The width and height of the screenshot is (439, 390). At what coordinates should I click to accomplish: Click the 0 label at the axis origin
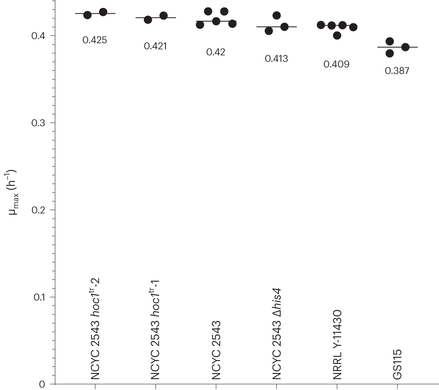pos(42,384)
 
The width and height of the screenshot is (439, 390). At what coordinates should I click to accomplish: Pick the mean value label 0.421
pos(155,46)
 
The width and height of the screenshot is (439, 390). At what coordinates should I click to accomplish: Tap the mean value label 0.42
pos(216,52)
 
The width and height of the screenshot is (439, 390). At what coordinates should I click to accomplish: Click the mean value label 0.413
pos(276,59)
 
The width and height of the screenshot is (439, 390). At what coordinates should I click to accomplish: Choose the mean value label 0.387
pos(397,71)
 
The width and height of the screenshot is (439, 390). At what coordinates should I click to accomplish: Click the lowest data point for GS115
pos(390,53)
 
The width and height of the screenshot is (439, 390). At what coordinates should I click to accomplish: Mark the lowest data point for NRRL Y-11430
pos(337,35)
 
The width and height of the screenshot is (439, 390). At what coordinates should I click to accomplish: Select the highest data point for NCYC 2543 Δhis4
pos(276,16)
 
